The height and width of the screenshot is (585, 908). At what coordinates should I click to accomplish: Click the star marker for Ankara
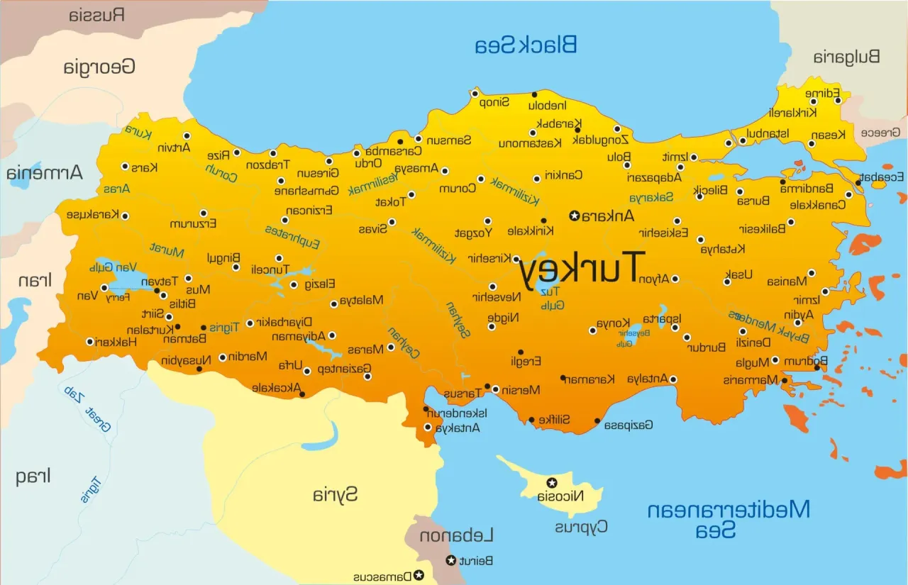[x=575, y=216]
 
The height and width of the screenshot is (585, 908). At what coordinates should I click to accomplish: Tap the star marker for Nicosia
[x=551, y=483]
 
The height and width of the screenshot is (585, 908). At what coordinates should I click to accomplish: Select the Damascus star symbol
[x=419, y=575]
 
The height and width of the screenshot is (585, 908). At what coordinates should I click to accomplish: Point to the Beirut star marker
[x=450, y=561]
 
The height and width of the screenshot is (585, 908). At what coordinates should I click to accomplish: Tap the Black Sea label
[x=526, y=45]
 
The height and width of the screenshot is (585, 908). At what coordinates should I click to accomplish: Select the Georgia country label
[x=99, y=67]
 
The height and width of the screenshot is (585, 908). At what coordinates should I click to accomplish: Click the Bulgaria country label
[x=846, y=57]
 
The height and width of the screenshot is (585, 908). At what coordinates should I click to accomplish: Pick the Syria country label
[x=336, y=494]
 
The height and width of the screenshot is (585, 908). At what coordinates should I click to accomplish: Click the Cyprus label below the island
[x=581, y=527]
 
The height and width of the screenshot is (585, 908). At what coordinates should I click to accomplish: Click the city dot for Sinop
[x=475, y=94]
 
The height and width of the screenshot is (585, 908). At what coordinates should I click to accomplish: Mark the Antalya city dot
[x=674, y=379]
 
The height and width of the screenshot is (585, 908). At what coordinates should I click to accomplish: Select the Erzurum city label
[x=193, y=224]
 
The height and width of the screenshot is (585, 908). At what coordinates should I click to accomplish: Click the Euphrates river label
[x=292, y=238]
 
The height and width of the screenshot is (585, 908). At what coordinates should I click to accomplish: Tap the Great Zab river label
[x=88, y=408]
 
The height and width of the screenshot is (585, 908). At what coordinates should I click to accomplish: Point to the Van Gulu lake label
[x=112, y=267]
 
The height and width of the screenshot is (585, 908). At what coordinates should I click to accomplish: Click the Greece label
[x=880, y=133]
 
